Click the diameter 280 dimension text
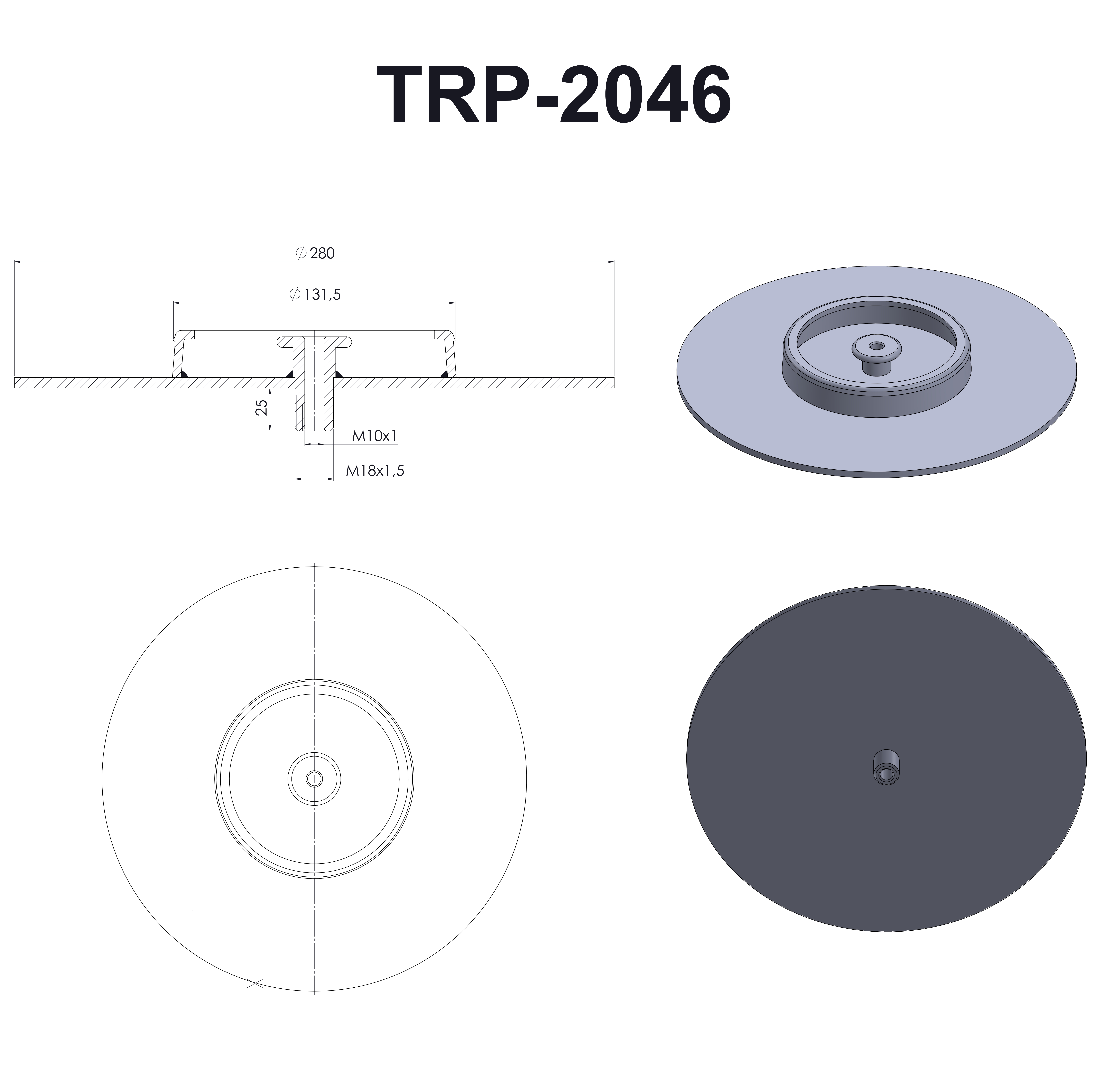point(322,254)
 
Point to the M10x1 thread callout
point(374,436)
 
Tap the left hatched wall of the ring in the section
point(178,355)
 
